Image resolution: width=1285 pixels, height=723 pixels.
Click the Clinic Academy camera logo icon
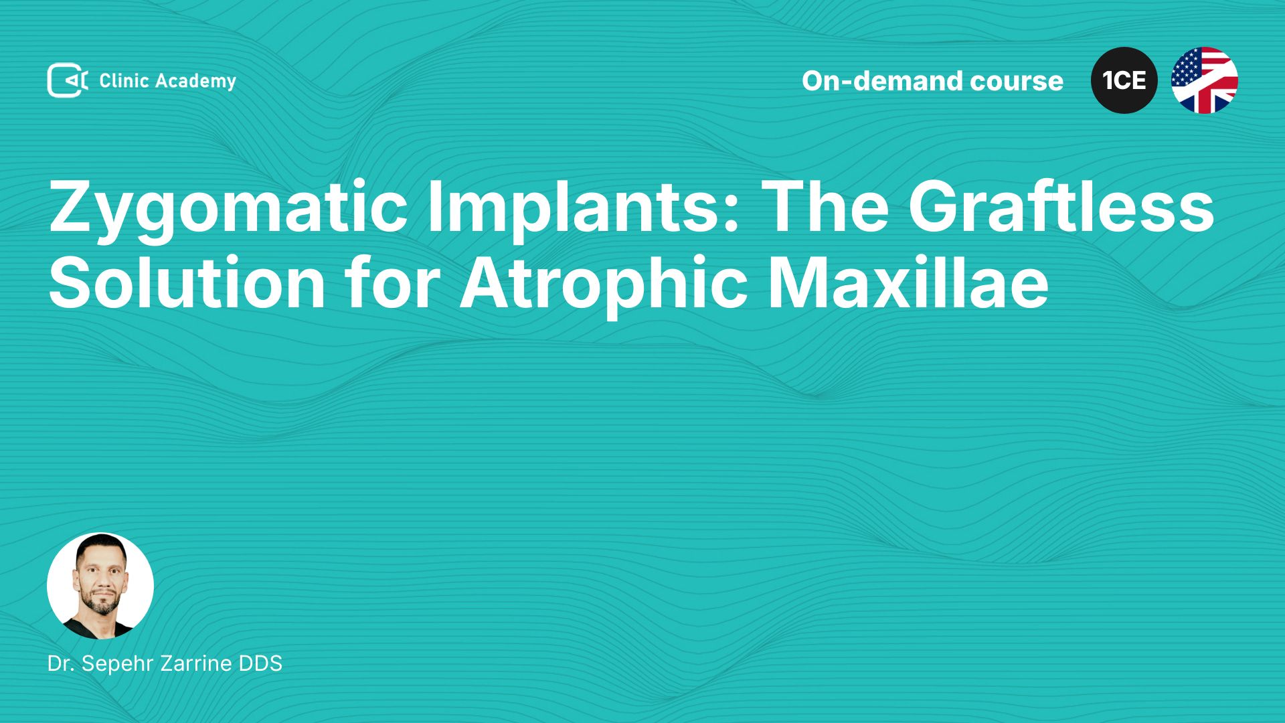click(x=68, y=80)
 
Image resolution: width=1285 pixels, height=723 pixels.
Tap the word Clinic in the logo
click(x=124, y=80)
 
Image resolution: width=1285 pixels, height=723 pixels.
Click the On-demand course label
click(x=932, y=81)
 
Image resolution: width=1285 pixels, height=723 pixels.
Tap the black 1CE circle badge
click(x=1124, y=80)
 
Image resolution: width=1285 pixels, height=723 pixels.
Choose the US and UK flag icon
click(x=1205, y=80)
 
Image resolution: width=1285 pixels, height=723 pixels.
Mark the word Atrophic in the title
click(x=604, y=287)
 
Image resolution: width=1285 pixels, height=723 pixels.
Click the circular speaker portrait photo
click(x=100, y=586)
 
